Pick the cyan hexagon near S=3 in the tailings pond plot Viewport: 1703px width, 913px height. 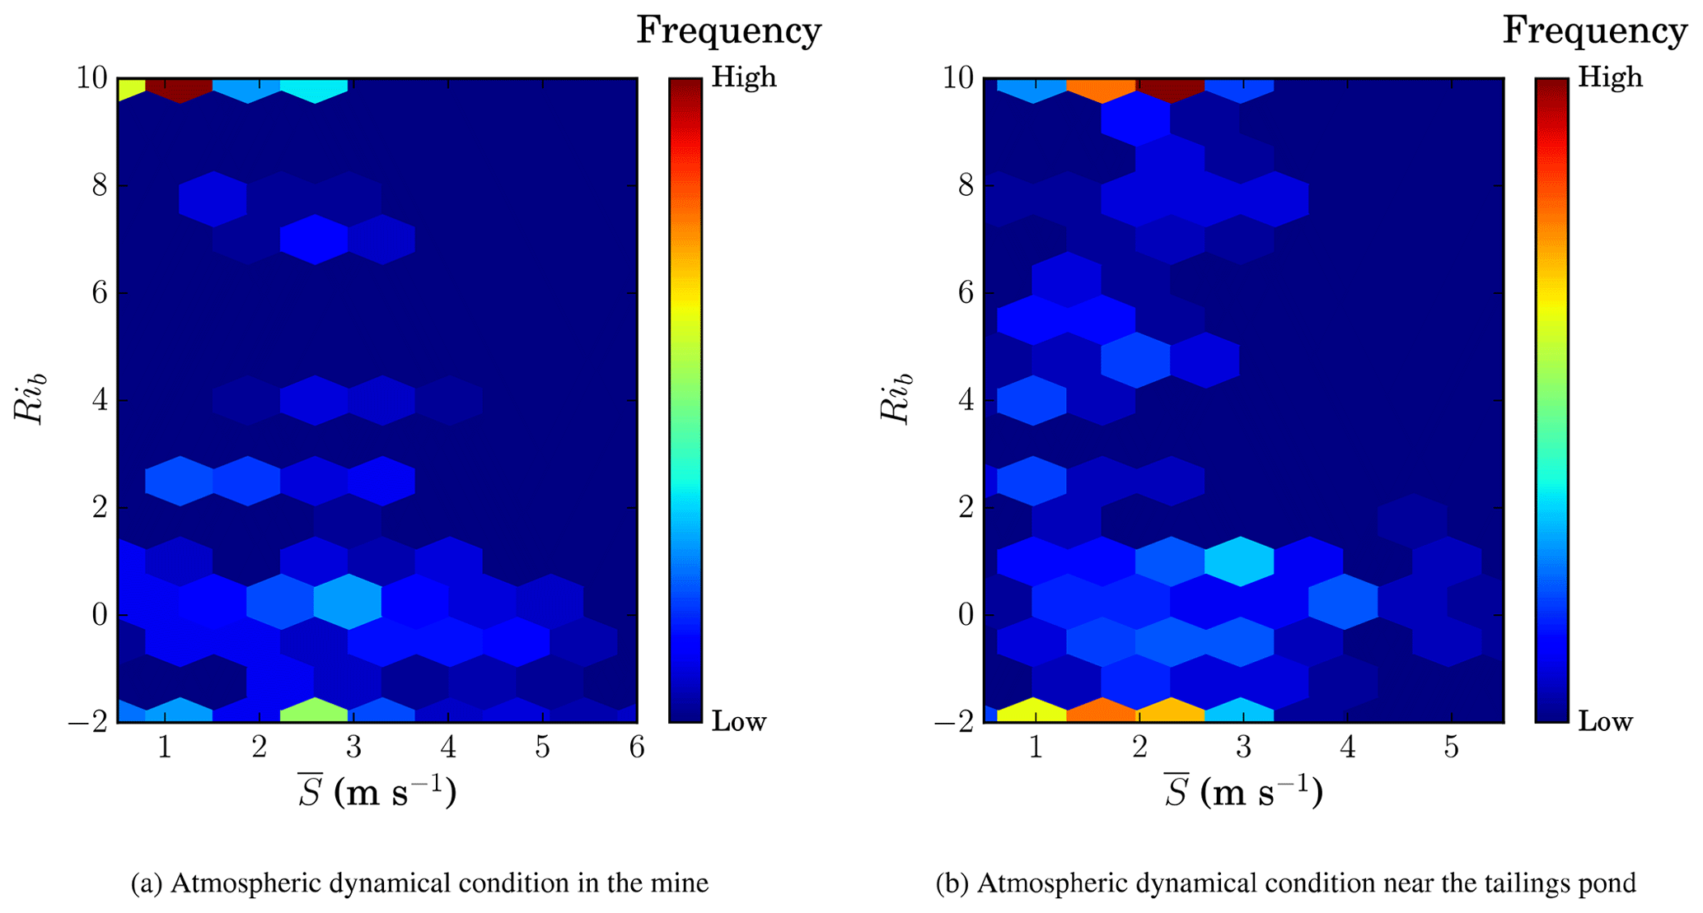tap(1239, 561)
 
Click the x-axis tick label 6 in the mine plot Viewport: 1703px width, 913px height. tap(636, 748)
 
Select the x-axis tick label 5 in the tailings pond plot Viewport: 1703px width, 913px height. tap(1452, 748)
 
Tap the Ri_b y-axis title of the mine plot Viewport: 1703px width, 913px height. tap(30, 399)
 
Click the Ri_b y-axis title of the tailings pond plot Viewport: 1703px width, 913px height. tap(897, 399)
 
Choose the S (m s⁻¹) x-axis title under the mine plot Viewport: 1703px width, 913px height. tap(377, 793)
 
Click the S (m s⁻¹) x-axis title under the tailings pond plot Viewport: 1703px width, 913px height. tap(1243, 793)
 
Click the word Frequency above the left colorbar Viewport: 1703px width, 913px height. tap(729, 31)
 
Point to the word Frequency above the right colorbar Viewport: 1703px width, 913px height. tap(1595, 31)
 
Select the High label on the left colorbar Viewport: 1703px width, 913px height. tap(744, 78)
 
